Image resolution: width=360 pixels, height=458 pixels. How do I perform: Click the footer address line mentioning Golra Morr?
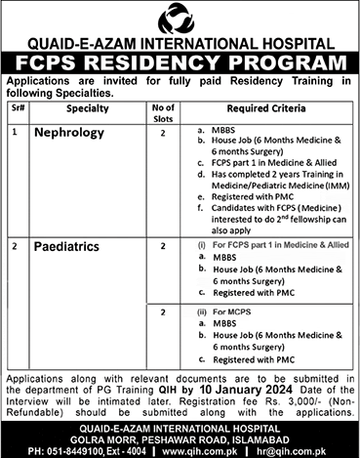(180, 437)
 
